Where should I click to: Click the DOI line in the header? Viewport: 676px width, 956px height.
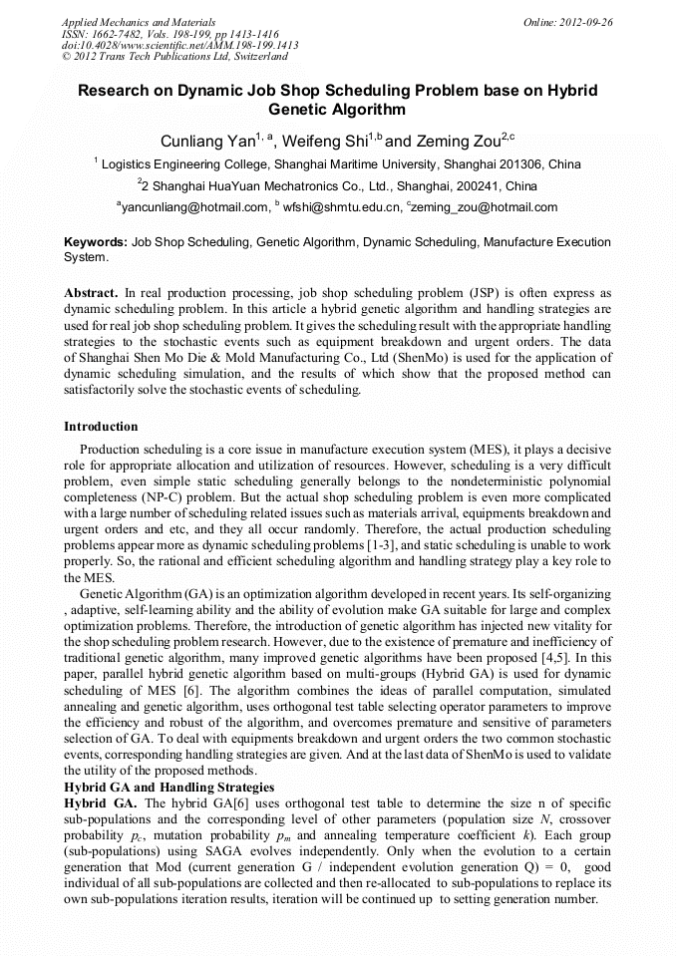(179, 45)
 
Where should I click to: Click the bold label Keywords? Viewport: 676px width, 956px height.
(96, 242)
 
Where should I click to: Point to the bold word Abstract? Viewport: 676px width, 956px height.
(91, 294)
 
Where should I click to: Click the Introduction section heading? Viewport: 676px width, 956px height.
(101, 427)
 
